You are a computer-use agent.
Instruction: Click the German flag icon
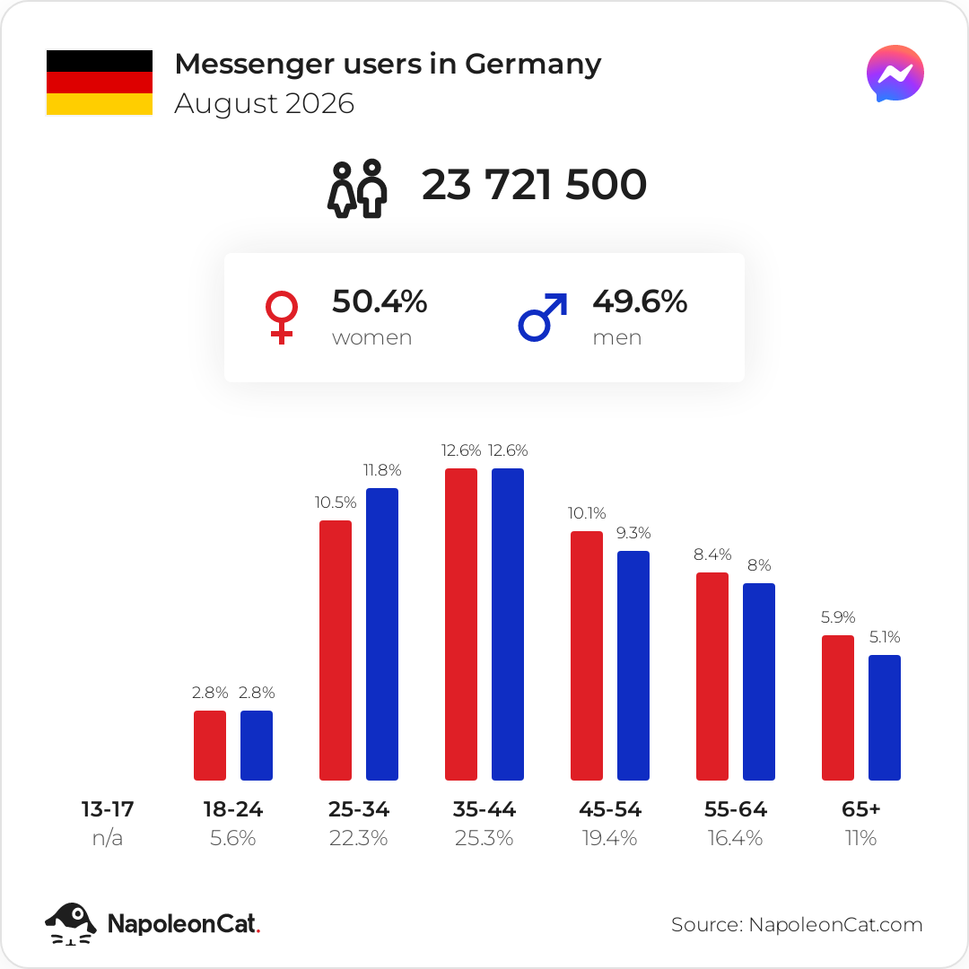click(x=100, y=83)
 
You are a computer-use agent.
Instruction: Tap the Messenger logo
click(x=895, y=74)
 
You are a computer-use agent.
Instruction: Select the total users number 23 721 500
click(x=534, y=184)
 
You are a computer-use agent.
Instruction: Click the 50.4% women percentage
click(x=380, y=301)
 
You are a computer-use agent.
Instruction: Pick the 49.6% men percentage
click(x=640, y=301)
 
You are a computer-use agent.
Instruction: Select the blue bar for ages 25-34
click(x=382, y=634)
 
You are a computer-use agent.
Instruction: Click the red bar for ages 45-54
click(x=587, y=656)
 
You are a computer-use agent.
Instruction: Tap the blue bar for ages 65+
click(x=885, y=718)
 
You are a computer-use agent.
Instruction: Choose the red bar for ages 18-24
click(x=209, y=746)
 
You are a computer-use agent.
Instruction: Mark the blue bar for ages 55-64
click(x=759, y=682)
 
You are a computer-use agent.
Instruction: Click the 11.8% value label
click(x=382, y=470)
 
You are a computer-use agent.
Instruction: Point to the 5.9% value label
click(x=838, y=616)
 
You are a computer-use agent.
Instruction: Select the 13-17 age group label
click(x=108, y=809)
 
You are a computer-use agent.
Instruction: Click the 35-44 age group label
click(x=484, y=809)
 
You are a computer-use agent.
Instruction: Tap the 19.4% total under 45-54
click(x=609, y=838)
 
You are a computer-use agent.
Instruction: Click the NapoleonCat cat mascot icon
click(x=71, y=923)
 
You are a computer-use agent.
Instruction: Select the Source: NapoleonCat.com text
click(x=797, y=924)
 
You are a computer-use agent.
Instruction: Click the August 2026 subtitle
click(x=265, y=103)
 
